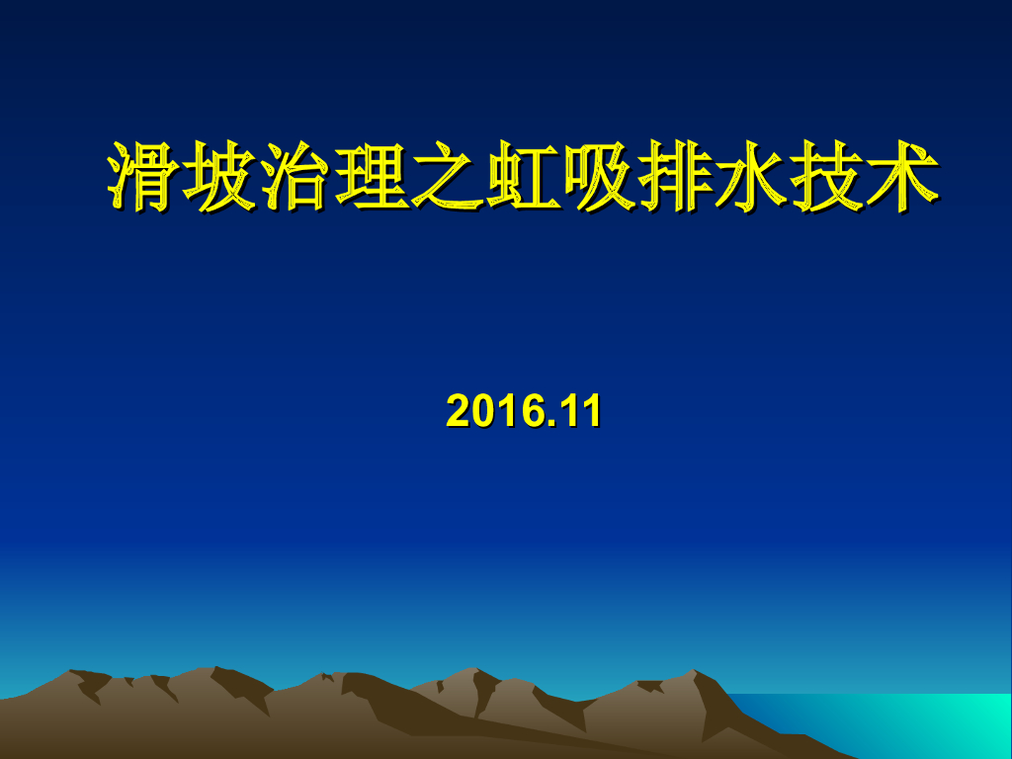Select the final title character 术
[900, 178]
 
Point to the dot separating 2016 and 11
[553, 423]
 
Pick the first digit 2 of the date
[457, 411]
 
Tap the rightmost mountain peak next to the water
[696, 674]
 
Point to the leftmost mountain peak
[73, 674]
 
